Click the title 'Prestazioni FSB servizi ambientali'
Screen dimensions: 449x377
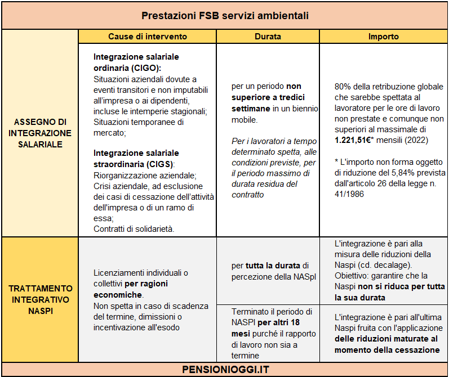point(225,15)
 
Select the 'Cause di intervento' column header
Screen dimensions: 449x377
point(148,37)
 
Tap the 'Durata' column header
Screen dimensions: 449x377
point(268,37)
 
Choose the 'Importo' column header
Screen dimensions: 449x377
point(384,37)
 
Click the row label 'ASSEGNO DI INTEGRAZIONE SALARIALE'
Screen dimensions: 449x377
point(40,133)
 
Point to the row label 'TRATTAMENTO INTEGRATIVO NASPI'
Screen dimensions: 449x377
point(41,299)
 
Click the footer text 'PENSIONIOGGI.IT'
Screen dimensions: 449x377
point(226,370)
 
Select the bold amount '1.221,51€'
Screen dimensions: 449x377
point(353,140)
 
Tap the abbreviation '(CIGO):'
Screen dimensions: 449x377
point(146,68)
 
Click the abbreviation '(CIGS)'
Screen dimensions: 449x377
point(160,164)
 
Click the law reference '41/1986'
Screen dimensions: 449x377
point(349,194)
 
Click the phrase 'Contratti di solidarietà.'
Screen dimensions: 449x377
point(134,229)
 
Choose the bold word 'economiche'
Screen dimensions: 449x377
point(118,295)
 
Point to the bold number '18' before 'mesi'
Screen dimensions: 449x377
point(295,322)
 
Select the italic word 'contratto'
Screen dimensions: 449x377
point(248,195)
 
